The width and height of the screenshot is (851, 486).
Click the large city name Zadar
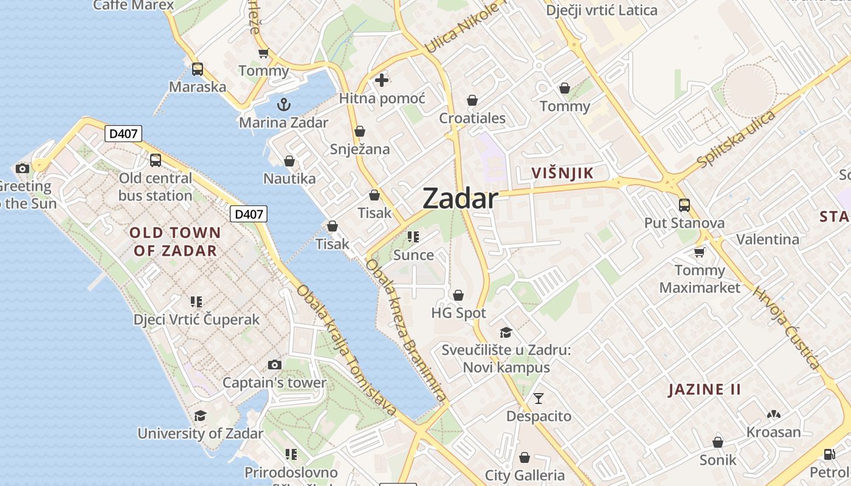(x=460, y=198)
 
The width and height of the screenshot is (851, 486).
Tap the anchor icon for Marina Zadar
(x=283, y=104)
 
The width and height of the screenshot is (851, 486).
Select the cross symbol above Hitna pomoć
(x=382, y=80)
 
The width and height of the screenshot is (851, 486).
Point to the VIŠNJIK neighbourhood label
(x=562, y=173)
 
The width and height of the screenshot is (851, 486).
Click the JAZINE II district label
(x=705, y=389)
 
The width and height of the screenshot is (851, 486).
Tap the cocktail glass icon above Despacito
(x=539, y=399)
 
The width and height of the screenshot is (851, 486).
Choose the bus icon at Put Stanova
(x=684, y=205)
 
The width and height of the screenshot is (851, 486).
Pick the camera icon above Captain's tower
(x=275, y=364)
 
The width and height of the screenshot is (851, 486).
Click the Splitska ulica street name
(x=737, y=140)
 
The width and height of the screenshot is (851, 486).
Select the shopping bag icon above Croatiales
(x=472, y=100)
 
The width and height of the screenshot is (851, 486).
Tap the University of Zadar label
(x=201, y=434)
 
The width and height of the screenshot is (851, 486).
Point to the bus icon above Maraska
(x=197, y=69)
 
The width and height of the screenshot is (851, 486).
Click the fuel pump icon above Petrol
(x=829, y=454)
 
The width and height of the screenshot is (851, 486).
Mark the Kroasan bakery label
(x=773, y=432)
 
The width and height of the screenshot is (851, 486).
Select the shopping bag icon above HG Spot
(x=458, y=295)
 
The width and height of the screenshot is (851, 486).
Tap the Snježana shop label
(x=360, y=149)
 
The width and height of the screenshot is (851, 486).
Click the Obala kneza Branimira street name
(x=406, y=330)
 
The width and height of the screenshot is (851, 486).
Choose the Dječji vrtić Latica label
(x=601, y=10)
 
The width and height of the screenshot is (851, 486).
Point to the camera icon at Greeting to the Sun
(x=22, y=168)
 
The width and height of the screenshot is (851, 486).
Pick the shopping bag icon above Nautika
(x=289, y=161)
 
